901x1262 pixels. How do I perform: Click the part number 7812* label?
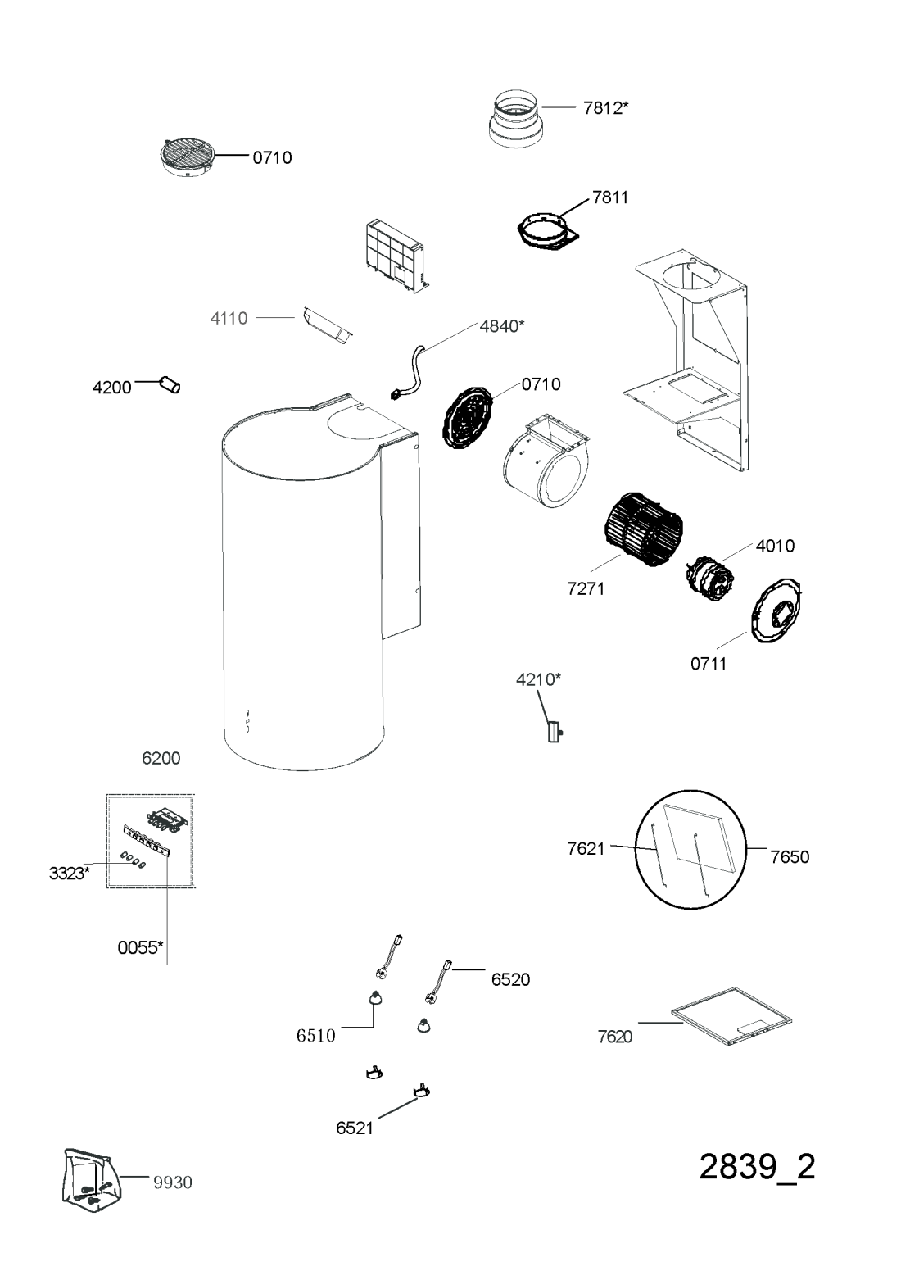pos(605,107)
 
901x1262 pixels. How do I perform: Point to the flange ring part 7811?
pos(547,232)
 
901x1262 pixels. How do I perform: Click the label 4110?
pos(229,318)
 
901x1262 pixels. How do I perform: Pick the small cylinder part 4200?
pos(170,385)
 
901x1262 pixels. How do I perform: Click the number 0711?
pos(709,664)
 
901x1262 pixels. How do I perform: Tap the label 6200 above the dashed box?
pos(161,758)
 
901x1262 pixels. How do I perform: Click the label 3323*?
pos(70,874)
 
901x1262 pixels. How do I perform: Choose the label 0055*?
pos(140,947)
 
